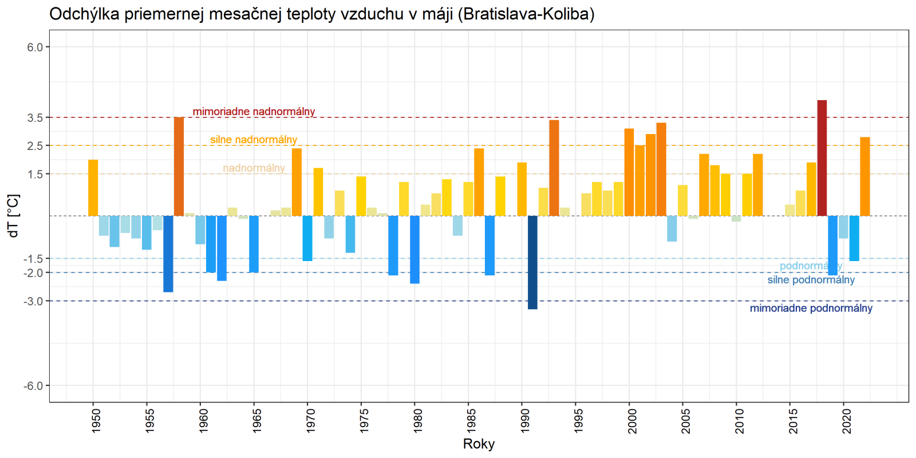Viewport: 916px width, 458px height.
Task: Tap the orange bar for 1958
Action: [179, 167]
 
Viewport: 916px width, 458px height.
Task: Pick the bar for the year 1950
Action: [93, 188]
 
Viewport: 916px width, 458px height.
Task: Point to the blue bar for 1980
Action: [414, 250]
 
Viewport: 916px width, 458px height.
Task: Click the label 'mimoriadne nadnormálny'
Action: [254, 112]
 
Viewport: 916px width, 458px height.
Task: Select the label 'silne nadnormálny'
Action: [254, 140]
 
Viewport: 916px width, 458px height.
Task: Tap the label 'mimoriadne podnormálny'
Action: [811, 309]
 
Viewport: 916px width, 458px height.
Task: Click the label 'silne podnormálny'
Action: [811, 280]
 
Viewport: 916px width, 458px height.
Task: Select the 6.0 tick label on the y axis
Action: [35, 48]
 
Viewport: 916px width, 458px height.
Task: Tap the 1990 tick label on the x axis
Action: [524, 421]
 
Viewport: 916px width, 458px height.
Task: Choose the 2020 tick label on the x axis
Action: [846, 421]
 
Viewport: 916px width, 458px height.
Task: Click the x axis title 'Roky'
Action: [479, 444]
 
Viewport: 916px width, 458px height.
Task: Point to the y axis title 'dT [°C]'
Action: [14, 216]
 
